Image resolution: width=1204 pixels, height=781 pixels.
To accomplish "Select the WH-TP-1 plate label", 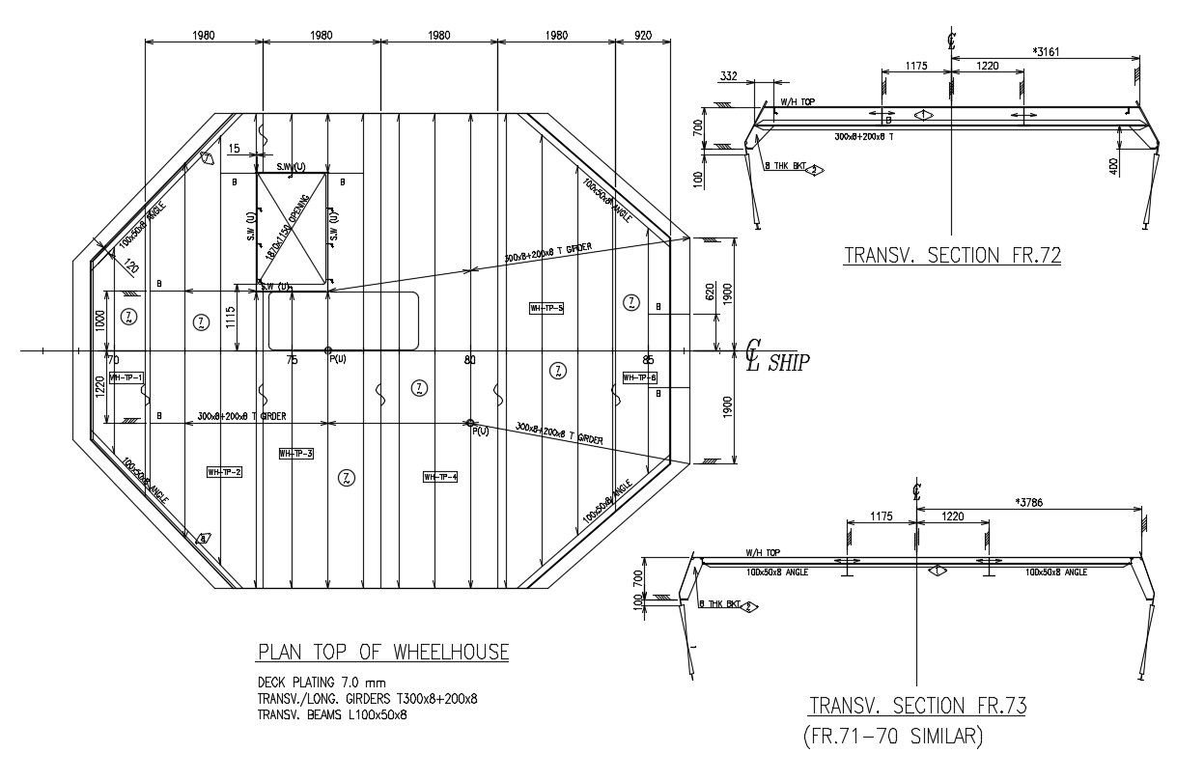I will [126, 377].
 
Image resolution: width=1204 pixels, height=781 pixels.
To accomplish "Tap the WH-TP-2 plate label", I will [224, 472].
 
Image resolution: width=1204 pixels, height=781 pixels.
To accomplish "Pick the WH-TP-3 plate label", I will [295, 454].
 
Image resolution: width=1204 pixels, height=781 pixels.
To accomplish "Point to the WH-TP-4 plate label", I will [440, 477].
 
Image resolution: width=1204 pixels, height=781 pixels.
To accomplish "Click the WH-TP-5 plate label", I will [546, 308].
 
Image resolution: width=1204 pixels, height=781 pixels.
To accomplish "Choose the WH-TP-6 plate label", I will [639, 377].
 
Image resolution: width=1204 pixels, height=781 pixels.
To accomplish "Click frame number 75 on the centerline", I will [292, 360].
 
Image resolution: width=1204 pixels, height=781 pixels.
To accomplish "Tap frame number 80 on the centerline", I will [469, 360].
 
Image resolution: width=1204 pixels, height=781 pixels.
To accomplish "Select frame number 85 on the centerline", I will [649, 360].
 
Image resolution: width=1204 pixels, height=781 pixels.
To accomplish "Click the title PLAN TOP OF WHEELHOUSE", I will [382, 653].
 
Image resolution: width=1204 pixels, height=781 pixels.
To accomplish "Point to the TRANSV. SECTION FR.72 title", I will [952, 256].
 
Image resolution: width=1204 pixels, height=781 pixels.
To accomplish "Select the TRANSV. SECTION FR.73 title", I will [917, 706].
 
